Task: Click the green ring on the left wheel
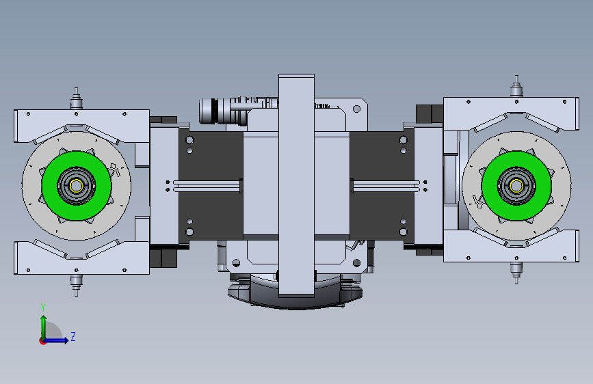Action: (49, 186)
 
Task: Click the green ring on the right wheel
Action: (489, 186)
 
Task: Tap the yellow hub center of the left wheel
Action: (77, 186)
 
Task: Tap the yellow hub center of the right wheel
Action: (516, 186)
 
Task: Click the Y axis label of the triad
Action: (43, 307)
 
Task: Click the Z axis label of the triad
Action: (73, 336)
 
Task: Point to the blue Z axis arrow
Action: (55, 340)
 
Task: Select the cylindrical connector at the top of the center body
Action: (223, 111)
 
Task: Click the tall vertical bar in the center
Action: (296, 185)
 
